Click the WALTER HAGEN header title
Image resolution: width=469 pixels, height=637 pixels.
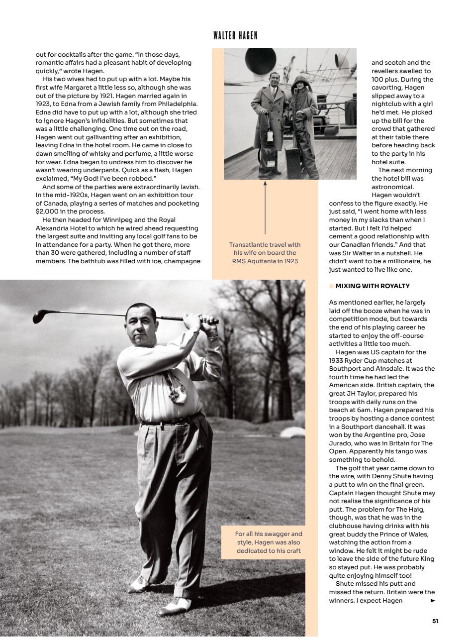pyautogui.click(x=235, y=35)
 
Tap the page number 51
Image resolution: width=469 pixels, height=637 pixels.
pyautogui.click(x=435, y=621)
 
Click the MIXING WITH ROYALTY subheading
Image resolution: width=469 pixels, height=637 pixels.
pyautogui.click(x=373, y=286)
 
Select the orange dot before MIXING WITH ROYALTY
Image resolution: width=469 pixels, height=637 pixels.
pyautogui.click(x=331, y=286)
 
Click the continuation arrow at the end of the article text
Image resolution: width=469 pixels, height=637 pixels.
pyautogui.click(x=433, y=601)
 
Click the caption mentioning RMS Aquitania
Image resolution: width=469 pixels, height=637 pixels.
pyautogui.click(x=265, y=253)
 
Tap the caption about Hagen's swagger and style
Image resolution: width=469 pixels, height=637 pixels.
pyautogui.click(x=269, y=542)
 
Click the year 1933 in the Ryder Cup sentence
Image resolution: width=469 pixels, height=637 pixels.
pyautogui.click(x=337, y=360)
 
